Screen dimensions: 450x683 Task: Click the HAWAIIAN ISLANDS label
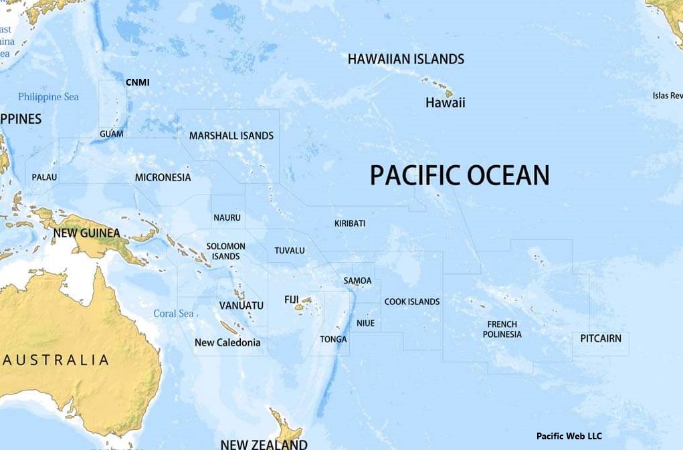tap(405, 59)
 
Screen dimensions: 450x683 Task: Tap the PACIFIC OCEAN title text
tap(460, 175)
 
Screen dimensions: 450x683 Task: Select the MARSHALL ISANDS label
tap(231, 136)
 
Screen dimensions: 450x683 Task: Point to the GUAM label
tap(111, 134)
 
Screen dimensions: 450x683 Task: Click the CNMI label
tap(137, 82)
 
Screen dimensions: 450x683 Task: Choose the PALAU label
tap(44, 177)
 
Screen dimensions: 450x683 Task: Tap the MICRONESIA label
tap(163, 177)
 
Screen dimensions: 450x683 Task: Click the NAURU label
tap(227, 217)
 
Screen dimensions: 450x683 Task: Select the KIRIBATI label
tap(349, 223)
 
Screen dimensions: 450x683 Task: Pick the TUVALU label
tap(289, 251)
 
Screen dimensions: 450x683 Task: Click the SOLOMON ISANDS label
tap(225, 251)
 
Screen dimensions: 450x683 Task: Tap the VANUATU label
tap(241, 306)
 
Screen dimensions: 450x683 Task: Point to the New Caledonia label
tap(227, 342)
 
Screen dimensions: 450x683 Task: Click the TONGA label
tap(333, 339)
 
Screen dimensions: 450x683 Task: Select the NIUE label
tap(365, 323)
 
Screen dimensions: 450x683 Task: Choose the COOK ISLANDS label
tap(411, 302)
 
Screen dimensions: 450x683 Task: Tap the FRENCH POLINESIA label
tap(502, 329)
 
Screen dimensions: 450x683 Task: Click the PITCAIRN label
tap(600, 338)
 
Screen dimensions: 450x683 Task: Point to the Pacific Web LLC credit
tap(569, 436)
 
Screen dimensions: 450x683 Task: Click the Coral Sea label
tap(173, 314)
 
